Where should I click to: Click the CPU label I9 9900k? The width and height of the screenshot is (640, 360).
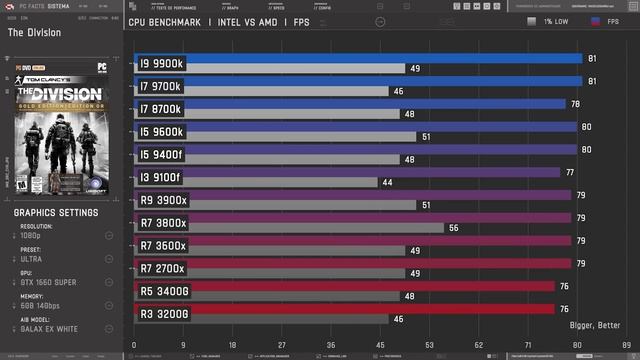click(x=162, y=63)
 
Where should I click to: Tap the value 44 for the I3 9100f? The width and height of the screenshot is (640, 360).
click(x=385, y=182)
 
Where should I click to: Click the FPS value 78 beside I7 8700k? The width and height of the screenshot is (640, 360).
click(x=575, y=104)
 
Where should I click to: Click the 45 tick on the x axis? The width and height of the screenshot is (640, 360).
click(x=380, y=345)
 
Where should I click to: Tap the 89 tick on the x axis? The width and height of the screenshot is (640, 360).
click(x=626, y=345)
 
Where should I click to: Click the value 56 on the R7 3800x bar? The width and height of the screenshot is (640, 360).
click(x=453, y=228)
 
